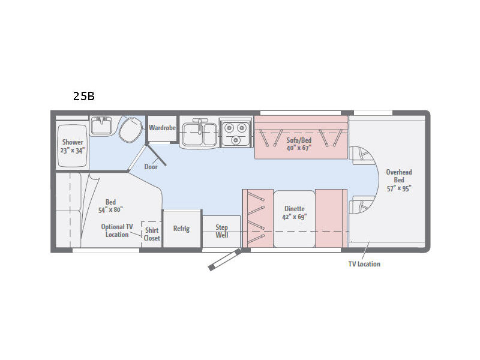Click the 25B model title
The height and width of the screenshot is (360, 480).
[x=83, y=96]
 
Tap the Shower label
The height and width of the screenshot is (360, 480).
[x=73, y=142]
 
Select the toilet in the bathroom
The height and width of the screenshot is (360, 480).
[x=131, y=130]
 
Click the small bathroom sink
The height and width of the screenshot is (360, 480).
[x=101, y=125]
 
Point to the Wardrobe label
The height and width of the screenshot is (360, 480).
[x=162, y=128]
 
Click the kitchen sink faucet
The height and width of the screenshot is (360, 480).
[x=199, y=126]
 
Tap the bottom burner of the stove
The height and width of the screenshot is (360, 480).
[x=235, y=140]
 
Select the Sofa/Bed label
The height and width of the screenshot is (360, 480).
[x=299, y=140]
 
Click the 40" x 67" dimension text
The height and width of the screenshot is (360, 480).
[x=299, y=148]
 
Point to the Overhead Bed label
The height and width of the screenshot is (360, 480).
[x=399, y=176]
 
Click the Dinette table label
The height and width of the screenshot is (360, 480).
[x=295, y=209]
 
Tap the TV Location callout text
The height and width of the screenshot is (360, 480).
[x=364, y=264]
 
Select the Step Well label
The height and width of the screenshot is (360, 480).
[x=221, y=231]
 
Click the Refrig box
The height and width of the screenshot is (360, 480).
[x=182, y=229]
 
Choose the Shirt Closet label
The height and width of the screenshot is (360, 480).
[x=152, y=234]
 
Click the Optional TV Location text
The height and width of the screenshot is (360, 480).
[x=117, y=230]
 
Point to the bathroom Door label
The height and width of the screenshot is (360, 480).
[x=151, y=167]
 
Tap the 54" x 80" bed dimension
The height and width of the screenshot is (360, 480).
[x=110, y=210]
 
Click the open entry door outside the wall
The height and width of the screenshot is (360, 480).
[x=224, y=260]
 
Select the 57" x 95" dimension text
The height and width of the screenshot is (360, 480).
[x=399, y=188]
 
